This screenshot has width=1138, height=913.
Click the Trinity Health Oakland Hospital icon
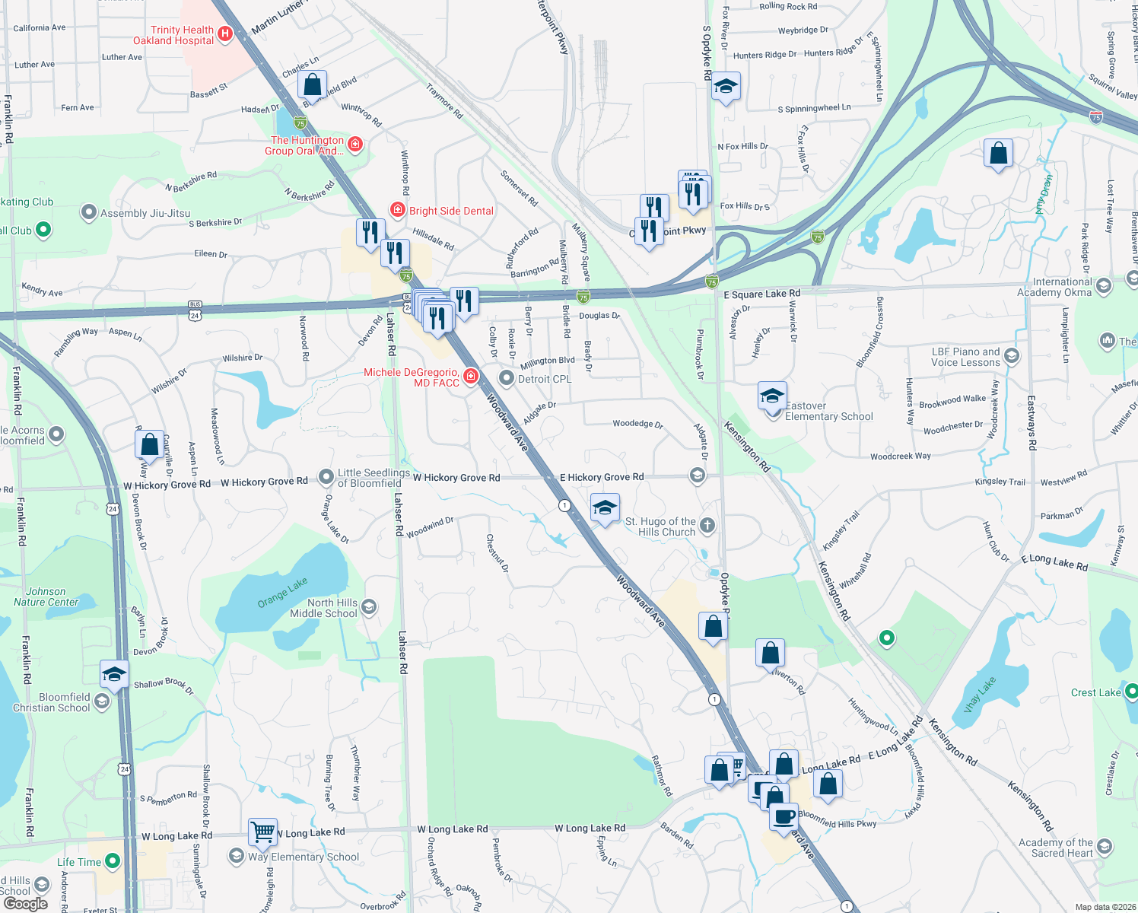coord(224,33)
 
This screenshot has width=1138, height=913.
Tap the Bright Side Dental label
coord(451,211)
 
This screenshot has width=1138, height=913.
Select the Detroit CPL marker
coord(507,378)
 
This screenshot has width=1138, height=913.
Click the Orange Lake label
coord(282,592)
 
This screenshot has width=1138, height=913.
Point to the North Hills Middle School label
coord(332,608)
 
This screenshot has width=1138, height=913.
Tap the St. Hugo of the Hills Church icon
coord(707,525)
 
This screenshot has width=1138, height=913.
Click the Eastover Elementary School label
coord(828,411)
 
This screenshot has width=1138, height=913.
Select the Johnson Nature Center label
coord(46,596)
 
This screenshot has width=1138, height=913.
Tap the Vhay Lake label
coord(979,695)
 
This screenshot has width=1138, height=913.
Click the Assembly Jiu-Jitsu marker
coord(89,212)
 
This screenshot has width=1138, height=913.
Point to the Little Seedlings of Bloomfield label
coord(374,478)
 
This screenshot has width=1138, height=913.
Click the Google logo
coord(26,904)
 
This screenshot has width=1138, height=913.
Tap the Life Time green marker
coord(113,861)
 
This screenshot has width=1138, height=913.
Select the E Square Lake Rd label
coord(761,294)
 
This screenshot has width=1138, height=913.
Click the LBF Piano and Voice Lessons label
coord(965,357)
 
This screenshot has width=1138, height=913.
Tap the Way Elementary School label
coord(304,857)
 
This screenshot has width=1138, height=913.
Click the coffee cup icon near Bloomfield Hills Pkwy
coord(784,816)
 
